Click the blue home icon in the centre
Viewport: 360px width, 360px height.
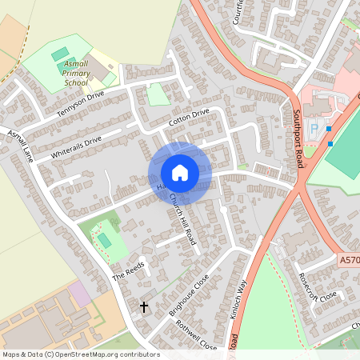pos(180,172)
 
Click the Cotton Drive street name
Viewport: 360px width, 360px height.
pos(189,117)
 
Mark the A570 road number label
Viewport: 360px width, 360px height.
pos(349,260)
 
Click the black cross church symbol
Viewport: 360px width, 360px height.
pos(145,306)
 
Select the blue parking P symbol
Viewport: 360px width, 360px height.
pos(314,128)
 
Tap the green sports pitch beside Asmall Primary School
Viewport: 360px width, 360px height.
pos(61,54)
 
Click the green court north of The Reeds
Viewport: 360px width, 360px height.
pos(105,240)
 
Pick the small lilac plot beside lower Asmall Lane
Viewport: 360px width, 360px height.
pos(79,293)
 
